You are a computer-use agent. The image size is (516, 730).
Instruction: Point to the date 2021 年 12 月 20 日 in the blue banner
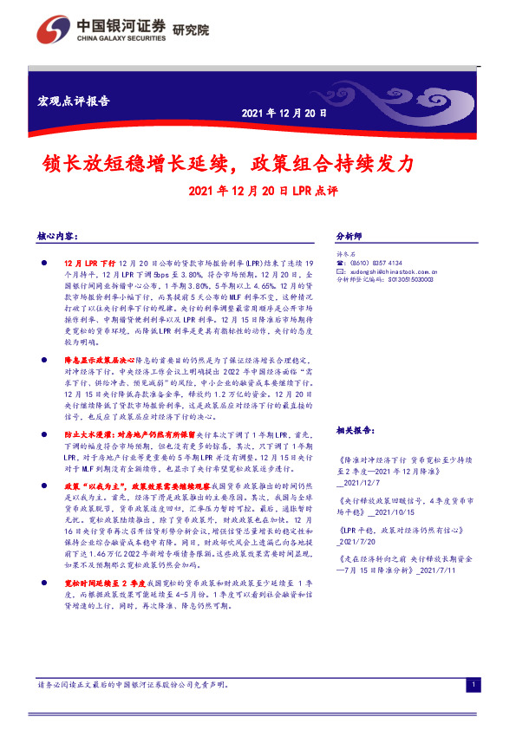[x=284, y=113]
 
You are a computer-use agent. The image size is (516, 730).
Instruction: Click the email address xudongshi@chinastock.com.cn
[x=397, y=271]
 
